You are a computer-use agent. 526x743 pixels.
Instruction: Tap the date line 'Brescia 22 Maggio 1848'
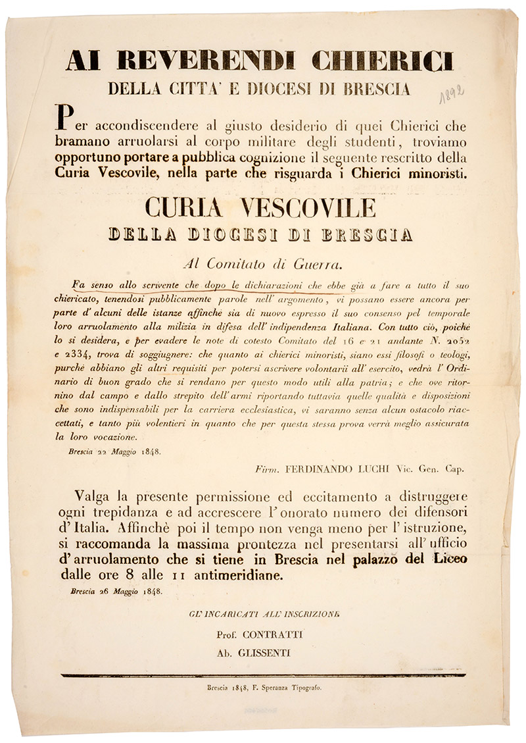point(113,451)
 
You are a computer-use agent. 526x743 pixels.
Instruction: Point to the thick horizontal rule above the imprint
point(262,675)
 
